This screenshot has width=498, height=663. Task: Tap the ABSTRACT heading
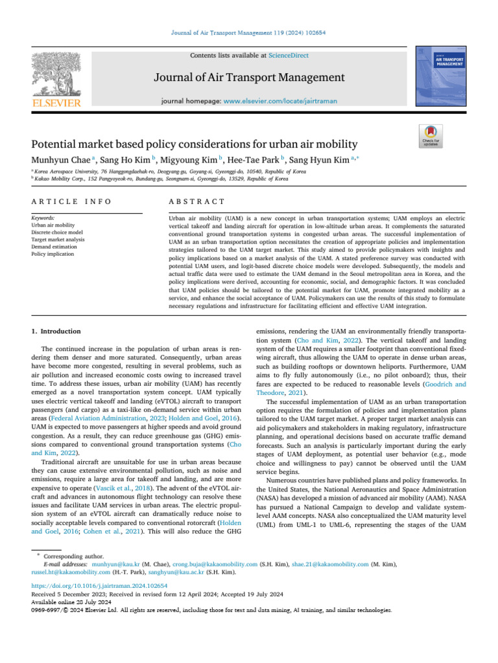click(196, 202)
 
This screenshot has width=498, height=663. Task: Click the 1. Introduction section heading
click(56, 331)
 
